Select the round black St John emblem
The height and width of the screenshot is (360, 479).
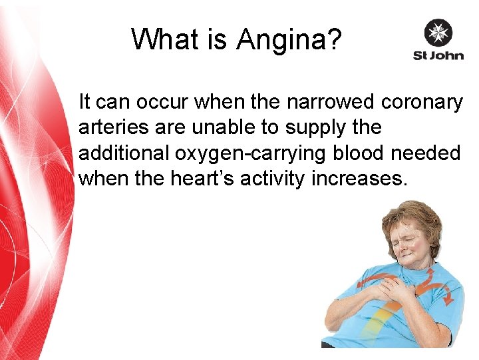coord(438,32)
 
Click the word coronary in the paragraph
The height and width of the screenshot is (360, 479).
coord(422,103)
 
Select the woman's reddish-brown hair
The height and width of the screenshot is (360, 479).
coord(416,213)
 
